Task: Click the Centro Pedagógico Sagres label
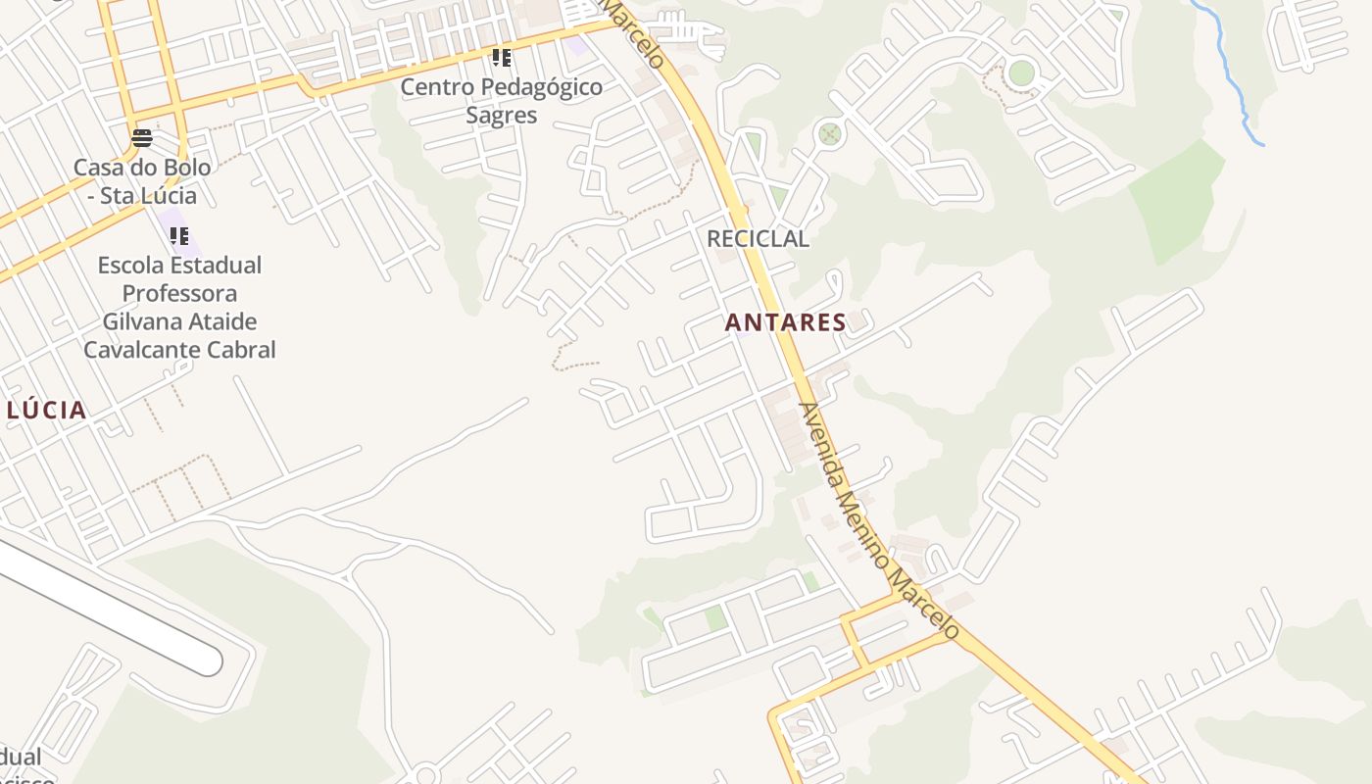501,101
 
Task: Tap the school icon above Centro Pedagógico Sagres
502,58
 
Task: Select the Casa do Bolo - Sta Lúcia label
142,181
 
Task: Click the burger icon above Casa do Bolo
142,137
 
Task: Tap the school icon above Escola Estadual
178,236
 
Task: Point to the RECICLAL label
758,238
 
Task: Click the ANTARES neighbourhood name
785,322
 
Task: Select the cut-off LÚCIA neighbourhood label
46,411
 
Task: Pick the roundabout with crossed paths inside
830,133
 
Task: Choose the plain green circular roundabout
1021,73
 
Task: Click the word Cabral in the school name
239,350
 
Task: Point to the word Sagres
501,116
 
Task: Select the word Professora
179,293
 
